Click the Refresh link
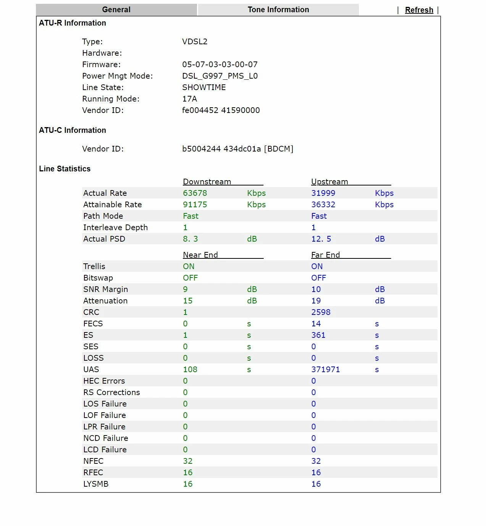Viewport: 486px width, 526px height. coord(419,10)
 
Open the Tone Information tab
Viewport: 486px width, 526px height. coord(278,10)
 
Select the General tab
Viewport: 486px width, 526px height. coord(116,10)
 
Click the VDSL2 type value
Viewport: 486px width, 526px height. coord(195,42)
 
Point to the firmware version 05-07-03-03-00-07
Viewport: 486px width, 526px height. coord(220,65)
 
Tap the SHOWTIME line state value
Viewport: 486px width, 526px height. coord(204,87)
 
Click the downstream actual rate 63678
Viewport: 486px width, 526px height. coord(195,193)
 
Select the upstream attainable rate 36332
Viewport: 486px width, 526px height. coord(323,205)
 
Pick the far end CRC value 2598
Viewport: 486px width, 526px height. coord(321,312)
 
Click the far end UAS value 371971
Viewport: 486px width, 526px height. coord(325,369)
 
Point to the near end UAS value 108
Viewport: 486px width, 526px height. coord(190,369)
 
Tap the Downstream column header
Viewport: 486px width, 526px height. coord(207,182)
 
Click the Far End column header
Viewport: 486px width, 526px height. coord(325,255)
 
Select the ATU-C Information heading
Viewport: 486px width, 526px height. coord(73,130)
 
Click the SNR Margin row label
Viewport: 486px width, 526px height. coord(105,289)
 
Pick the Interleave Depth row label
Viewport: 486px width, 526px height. coord(115,228)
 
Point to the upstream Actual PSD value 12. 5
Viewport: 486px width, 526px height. coord(321,239)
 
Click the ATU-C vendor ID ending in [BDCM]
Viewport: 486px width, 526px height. coord(237,149)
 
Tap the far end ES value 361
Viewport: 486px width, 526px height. coord(318,335)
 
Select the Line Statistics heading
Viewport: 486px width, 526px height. coord(65,169)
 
